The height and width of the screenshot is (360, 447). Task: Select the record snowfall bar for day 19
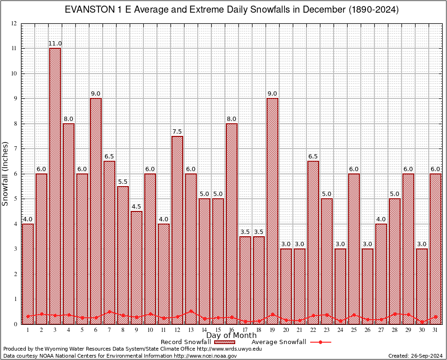click(272, 211)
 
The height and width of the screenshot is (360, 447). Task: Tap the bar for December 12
click(177, 230)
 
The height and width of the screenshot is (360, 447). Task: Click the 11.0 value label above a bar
click(55, 44)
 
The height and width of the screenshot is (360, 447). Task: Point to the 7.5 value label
click(177, 132)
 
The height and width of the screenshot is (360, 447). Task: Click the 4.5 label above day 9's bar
click(136, 207)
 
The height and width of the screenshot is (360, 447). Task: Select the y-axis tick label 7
click(15, 149)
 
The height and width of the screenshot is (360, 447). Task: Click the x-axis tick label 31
click(436, 330)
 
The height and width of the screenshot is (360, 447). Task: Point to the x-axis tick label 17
click(246, 330)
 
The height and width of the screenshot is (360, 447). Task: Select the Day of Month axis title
click(231, 336)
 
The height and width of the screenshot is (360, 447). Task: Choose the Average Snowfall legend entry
click(291, 342)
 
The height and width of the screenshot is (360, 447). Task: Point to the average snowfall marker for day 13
click(191, 311)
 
